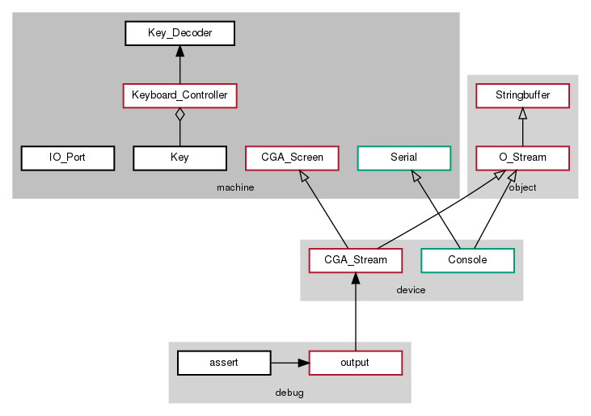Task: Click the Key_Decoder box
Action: coord(179,33)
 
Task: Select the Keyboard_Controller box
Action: coord(179,95)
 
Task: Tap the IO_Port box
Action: coord(67,158)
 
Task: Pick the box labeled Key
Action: coord(179,158)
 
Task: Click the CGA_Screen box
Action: coord(292,158)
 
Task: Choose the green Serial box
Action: coord(403,158)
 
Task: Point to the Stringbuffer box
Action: coord(523,95)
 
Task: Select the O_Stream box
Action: coord(523,158)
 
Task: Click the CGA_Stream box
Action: coord(356,260)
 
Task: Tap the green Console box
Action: coord(467,260)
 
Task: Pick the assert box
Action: coord(224,363)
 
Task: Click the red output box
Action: coord(356,363)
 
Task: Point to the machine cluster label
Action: coord(235,187)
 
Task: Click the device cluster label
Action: coord(411,289)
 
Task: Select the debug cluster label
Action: coord(289,392)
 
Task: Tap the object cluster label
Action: coord(523,187)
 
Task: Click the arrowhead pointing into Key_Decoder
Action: coord(179,52)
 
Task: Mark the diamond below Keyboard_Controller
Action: coord(179,115)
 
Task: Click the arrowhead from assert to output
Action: coord(303,363)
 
